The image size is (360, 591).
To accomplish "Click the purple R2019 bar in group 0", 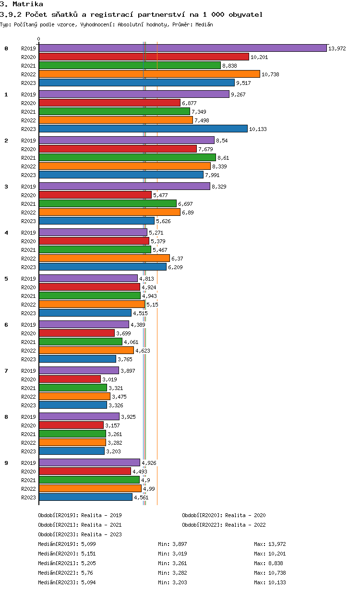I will (182, 48).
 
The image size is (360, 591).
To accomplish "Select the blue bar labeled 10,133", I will (143, 129).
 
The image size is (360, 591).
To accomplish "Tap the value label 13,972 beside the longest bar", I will (337, 48).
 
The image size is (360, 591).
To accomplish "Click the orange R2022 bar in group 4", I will (104, 258).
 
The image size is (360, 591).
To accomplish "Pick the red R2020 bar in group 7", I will (70, 379).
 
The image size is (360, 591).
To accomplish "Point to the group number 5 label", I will (6, 279).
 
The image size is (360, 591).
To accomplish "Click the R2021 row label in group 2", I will (29, 158).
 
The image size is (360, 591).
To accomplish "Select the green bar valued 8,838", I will (130, 65).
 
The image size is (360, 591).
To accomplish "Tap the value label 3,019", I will (110, 379).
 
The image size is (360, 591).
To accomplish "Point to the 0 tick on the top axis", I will (39, 39).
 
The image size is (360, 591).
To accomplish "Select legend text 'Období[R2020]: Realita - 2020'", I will (224, 515).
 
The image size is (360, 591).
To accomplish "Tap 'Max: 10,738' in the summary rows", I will (270, 573).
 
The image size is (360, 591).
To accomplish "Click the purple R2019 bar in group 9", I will (89, 462).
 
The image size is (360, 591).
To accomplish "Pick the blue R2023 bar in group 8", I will (72, 451).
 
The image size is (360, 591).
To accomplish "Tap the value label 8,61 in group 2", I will (224, 158).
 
